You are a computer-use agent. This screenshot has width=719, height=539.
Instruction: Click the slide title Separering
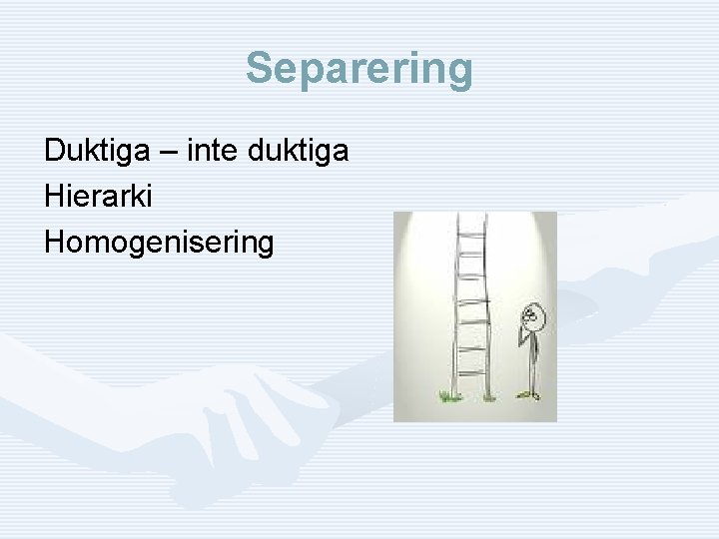(359, 69)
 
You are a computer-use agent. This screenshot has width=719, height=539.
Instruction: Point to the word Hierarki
(98, 197)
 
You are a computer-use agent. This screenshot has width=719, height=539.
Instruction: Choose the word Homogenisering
(158, 242)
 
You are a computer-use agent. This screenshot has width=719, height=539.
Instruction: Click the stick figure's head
(534, 315)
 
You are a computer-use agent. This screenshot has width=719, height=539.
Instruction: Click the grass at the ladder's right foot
(489, 398)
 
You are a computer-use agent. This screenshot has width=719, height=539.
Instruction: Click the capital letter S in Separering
(259, 69)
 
